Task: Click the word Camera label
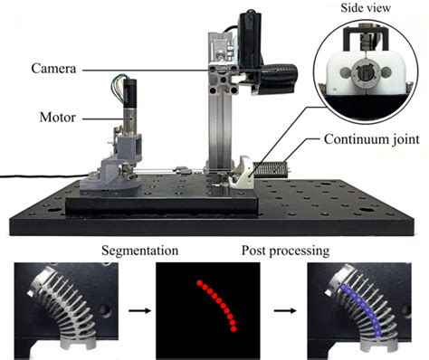coord(53,69)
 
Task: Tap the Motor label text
coord(58,117)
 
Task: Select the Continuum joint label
coord(372,139)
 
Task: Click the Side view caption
coord(366,8)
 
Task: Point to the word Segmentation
coord(139,251)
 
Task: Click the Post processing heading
coord(285,251)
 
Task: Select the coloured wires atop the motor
coord(118,82)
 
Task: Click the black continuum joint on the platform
coord(270,170)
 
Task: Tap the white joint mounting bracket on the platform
coord(242,173)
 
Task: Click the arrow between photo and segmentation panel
coord(139,310)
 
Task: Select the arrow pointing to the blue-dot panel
coord(285,310)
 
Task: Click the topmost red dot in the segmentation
coord(199,283)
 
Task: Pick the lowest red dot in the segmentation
coord(234,329)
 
